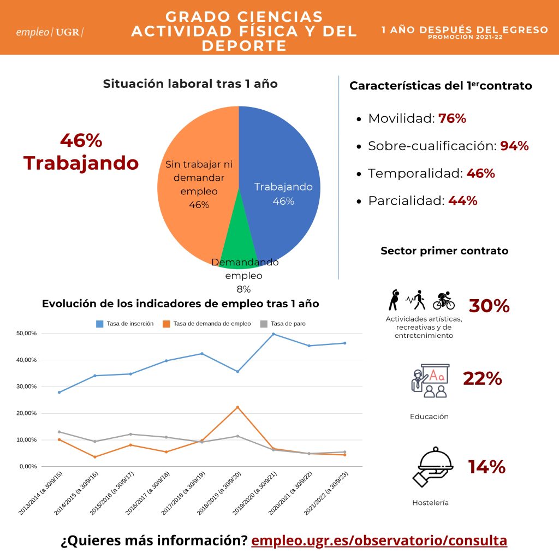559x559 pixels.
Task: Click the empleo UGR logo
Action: click(50, 32)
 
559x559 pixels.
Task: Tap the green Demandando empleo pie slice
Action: click(238, 242)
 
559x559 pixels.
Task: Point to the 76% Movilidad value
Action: click(452, 118)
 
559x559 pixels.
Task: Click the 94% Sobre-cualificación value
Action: click(514, 146)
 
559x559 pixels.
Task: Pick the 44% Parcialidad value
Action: click(463, 201)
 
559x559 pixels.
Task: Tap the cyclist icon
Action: click(444, 300)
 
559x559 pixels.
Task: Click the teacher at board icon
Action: click(430, 380)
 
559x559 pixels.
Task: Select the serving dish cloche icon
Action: click(433, 467)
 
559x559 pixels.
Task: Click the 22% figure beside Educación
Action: click(483, 379)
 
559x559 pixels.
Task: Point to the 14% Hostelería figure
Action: click(486, 467)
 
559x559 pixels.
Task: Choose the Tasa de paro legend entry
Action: click(283, 324)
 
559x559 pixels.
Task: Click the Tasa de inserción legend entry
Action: click(125, 324)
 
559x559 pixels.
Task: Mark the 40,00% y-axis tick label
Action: click(26, 360)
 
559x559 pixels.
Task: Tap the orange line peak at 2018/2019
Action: click(238, 407)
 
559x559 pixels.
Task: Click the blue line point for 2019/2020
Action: click(273, 334)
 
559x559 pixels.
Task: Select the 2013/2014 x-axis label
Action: click(40, 493)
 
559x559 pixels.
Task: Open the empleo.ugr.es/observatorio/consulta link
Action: click(379, 540)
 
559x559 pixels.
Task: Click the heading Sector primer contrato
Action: click(444, 251)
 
